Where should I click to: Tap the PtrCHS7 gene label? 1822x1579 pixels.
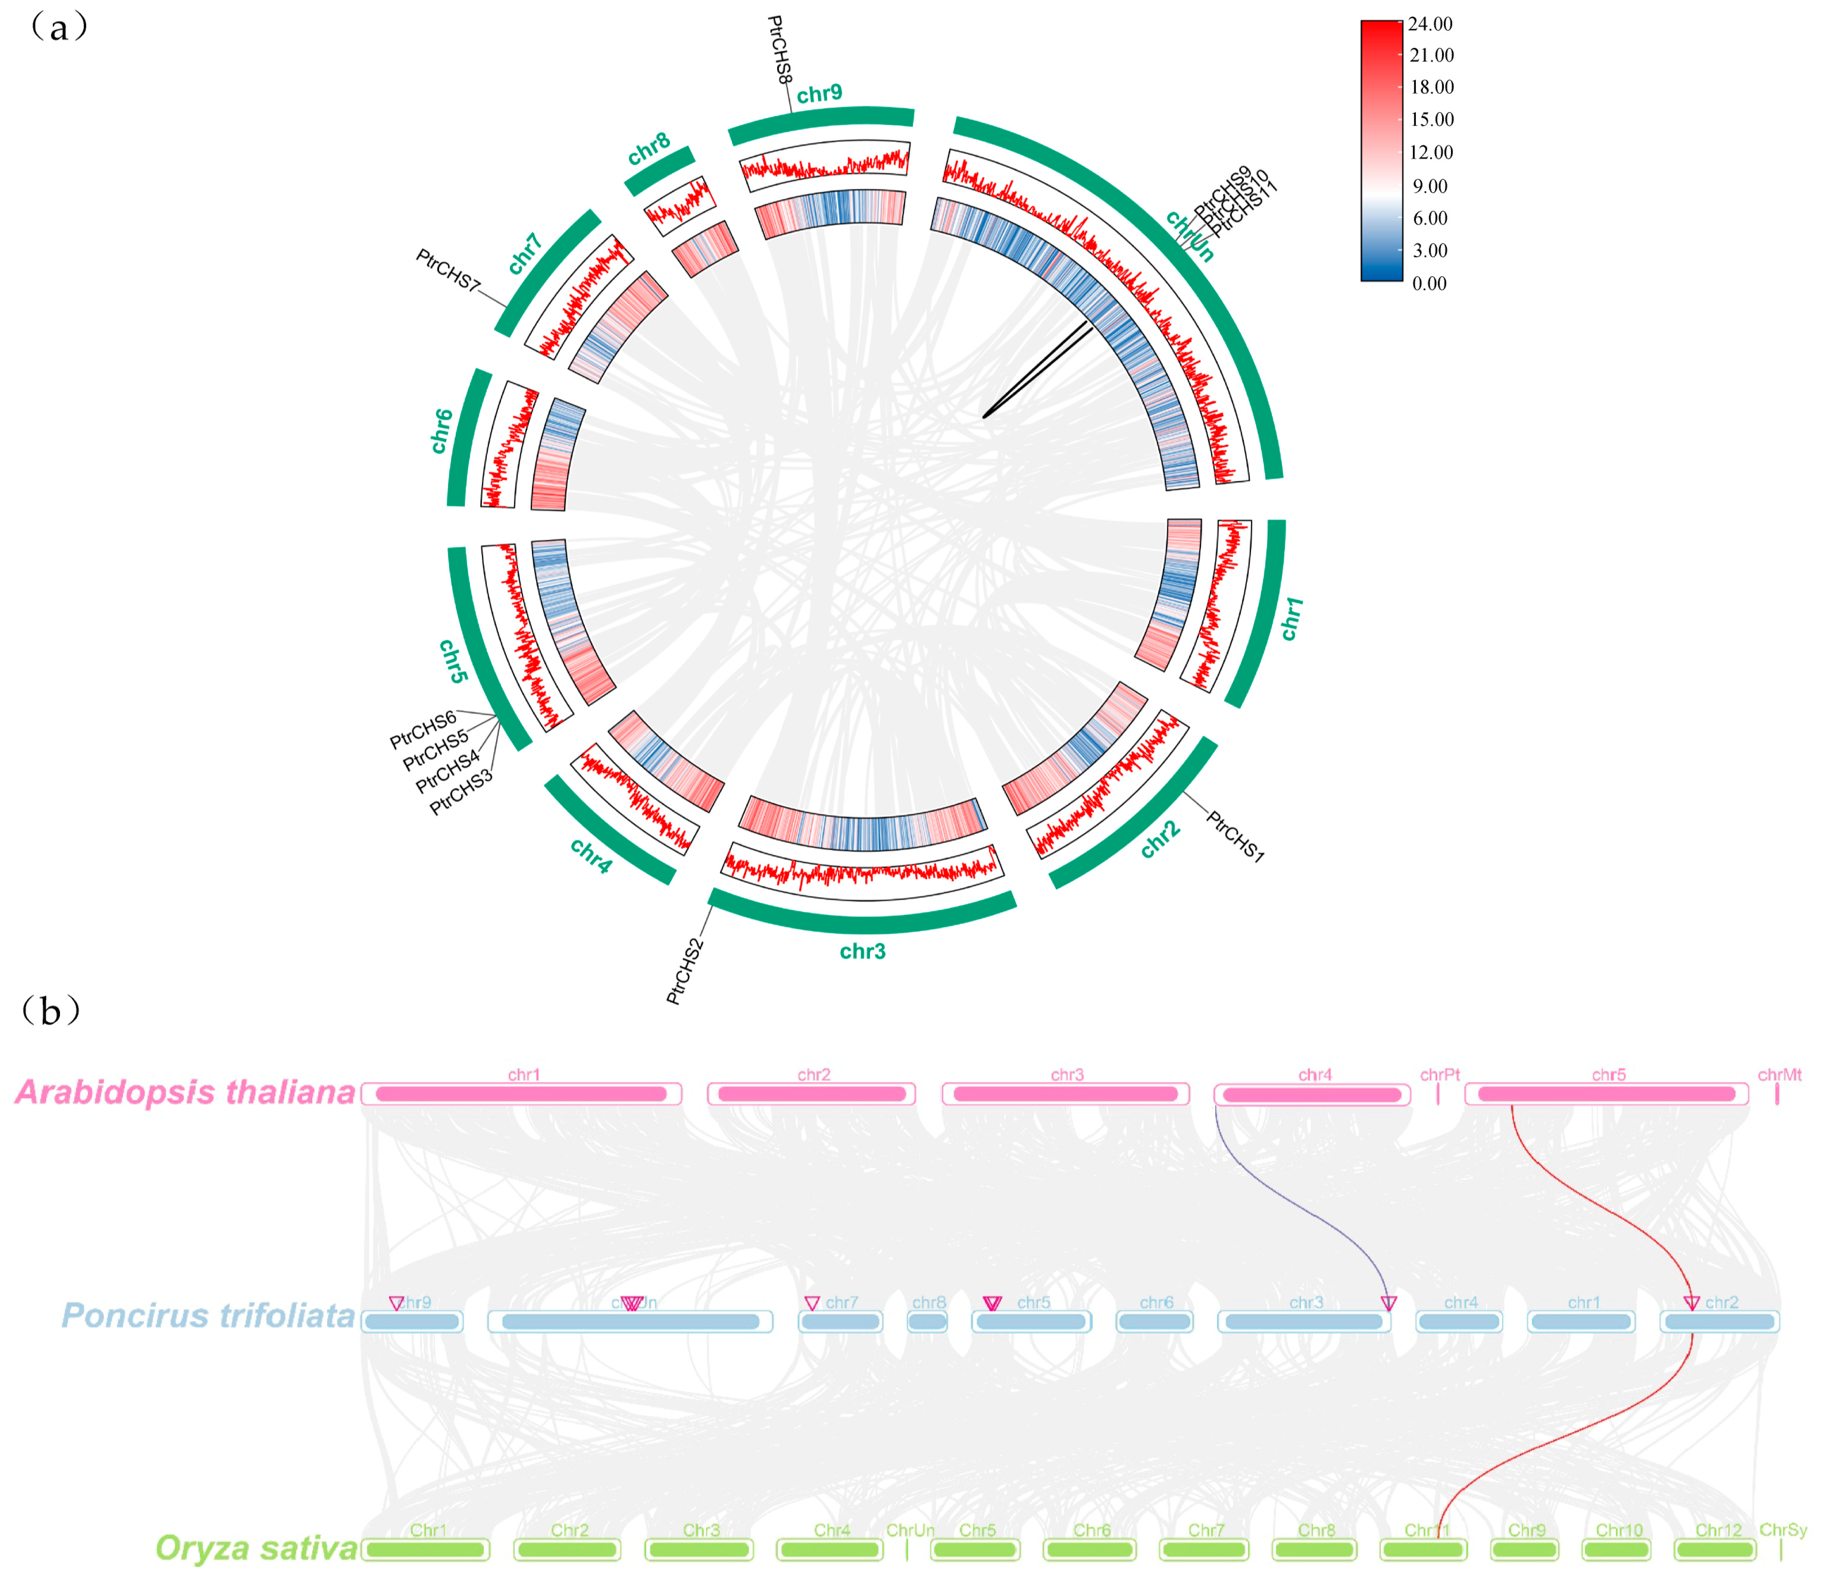(448, 270)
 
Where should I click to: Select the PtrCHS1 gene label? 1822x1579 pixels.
(1235, 836)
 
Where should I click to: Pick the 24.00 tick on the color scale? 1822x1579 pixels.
(1430, 24)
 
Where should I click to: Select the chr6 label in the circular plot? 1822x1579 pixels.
(441, 431)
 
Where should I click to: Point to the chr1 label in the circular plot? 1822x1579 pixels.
(1291, 618)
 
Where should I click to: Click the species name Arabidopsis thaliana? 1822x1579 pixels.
(185, 1092)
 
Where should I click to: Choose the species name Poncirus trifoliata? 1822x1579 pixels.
(208, 1316)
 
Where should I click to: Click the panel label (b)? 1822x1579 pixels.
(51, 1011)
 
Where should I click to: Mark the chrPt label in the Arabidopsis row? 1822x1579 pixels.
(1440, 1075)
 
